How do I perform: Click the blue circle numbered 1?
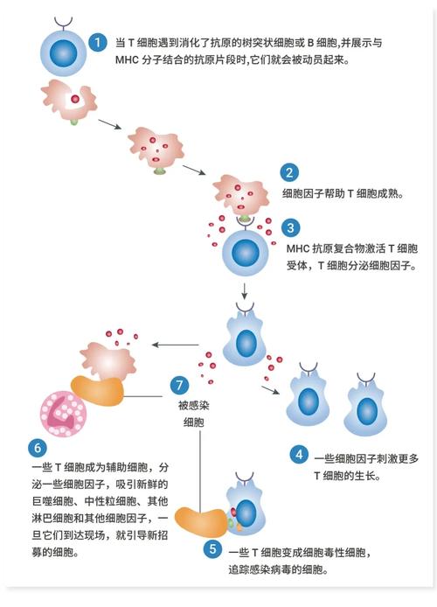[98, 42]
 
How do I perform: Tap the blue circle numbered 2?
[289, 172]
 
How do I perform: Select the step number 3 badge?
[291, 228]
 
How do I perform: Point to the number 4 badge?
[299, 455]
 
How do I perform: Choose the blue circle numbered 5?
[213, 549]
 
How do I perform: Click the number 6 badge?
[38, 448]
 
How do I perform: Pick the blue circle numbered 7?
[179, 386]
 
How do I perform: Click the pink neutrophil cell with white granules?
[63, 414]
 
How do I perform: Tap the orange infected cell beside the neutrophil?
[98, 391]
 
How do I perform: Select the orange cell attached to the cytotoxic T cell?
[201, 522]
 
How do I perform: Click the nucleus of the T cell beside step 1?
[64, 52]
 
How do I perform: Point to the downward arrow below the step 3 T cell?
[244, 291]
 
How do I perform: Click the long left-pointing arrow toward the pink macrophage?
[175, 345]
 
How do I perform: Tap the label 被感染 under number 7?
[193, 405]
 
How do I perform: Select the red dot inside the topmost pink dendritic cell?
[75, 99]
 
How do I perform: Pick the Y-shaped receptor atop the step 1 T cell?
[64, 23]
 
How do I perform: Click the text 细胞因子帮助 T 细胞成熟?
[343, 193]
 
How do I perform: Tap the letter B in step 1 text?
[310, 43]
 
